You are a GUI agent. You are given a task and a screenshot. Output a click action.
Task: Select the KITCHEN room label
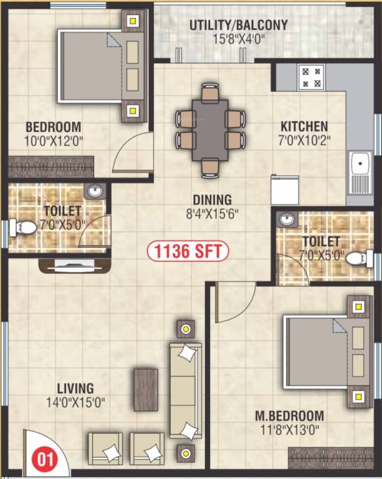tap(303, 126)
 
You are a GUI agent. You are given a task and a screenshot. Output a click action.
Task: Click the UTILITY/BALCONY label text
tap(239, 25)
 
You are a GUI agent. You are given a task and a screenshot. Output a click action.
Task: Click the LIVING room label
tap(74, 388)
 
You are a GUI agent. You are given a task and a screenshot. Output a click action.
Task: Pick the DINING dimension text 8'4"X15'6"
tap(212, 213)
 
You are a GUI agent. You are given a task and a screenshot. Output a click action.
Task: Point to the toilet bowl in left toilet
tap(22, 228)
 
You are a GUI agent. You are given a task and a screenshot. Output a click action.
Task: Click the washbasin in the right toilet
tap(286, 220)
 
